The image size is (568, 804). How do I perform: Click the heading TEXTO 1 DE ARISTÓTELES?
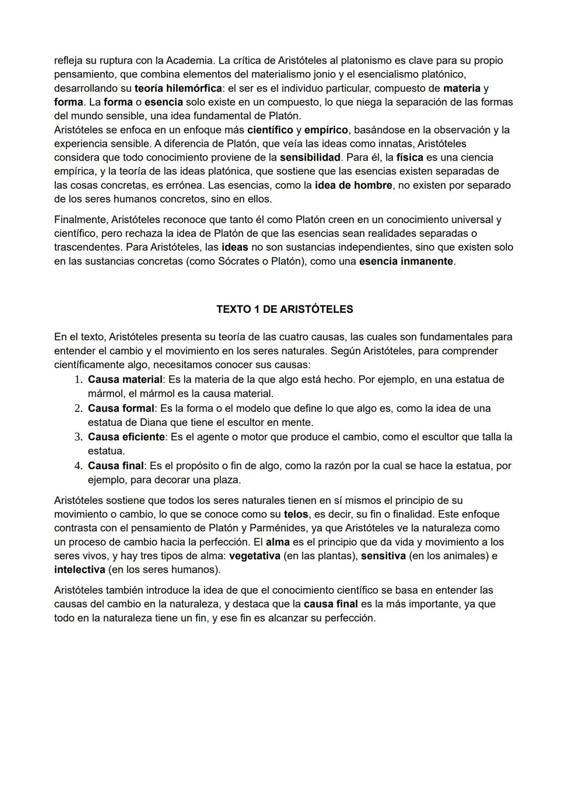click(x=285, y=309)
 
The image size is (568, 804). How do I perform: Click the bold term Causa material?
click(x=125, y=380)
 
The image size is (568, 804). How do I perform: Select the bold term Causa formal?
click(x=121, y=409)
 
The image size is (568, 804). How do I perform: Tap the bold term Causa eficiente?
click(x=126, y=437)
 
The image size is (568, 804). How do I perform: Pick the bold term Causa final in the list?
click(x=116, y=466)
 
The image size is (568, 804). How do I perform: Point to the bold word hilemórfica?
click(x=194, y=88)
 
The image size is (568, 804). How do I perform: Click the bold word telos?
click(x=296, y=514)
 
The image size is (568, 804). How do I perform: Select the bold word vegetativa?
click(x=255, y=556)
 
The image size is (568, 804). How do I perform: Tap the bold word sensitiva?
click(x=383, y=556)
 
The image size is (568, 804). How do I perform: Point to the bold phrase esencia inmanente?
click(x=406, y=261)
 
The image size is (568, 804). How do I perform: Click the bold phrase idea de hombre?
click(x=353, y=185)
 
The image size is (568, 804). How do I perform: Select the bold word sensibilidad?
click(x=310, y=157)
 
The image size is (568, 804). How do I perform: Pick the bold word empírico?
click(x=326, y=130)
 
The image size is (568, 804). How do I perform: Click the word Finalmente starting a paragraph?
click(x=80, y=220)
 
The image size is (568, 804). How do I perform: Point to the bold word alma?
click(x=278, y=542)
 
